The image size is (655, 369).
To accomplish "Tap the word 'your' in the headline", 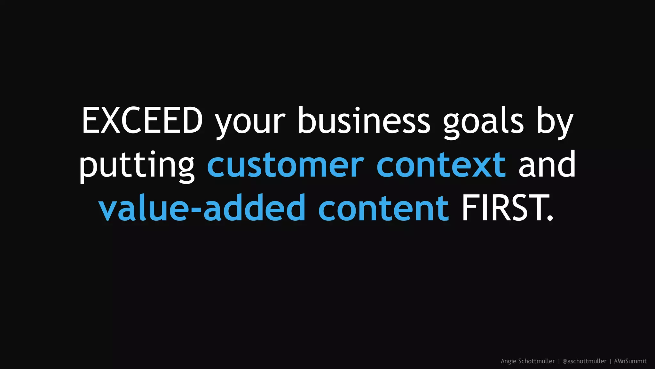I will coord(250,123).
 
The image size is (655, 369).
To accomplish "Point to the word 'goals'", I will coord(483,123).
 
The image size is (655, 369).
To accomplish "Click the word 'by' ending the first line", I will coord(555,123).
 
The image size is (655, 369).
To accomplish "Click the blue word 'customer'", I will coord(286,165).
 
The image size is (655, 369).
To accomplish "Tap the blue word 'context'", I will coord(441,165).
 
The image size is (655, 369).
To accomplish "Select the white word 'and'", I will coord(547,164).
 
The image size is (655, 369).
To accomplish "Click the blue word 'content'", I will coord(383,208).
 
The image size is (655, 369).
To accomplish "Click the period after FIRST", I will coord(550,218).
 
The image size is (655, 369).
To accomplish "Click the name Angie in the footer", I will coord(508,361).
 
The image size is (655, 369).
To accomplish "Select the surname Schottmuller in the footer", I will coord(536,361).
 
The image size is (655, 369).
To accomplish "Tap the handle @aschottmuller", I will coord(584,361).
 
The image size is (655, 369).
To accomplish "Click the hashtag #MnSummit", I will coord(630,361).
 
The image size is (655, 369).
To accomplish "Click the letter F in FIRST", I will coord(470,208).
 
